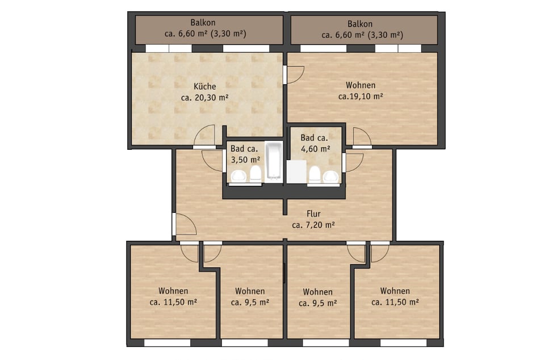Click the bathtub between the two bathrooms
click(273, 161)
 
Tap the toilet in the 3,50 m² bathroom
click(256, 174)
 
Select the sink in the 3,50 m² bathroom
click(238, 177)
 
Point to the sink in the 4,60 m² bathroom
click(330, 177)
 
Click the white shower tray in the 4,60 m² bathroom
click(296, 172)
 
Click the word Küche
click(204, 87)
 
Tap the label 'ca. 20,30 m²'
click(204, 98)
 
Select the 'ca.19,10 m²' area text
click(361, 97)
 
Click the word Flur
click(313, 214)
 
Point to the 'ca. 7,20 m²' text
click(313, 225)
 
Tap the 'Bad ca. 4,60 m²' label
click(315, 143)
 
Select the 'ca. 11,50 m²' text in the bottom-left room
click(173, 302)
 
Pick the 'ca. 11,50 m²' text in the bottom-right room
click(395, 302)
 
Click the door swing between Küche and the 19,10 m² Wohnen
click(294, 75)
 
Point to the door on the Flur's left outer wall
click(185, 224)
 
